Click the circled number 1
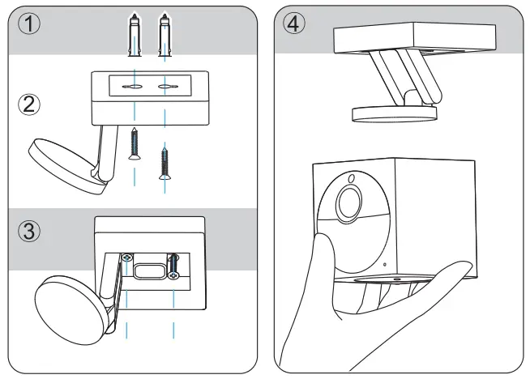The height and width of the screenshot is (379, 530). tap(28, 23)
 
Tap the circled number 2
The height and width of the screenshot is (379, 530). tap(28, 104)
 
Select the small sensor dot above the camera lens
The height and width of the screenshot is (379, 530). tap(353, 177)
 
